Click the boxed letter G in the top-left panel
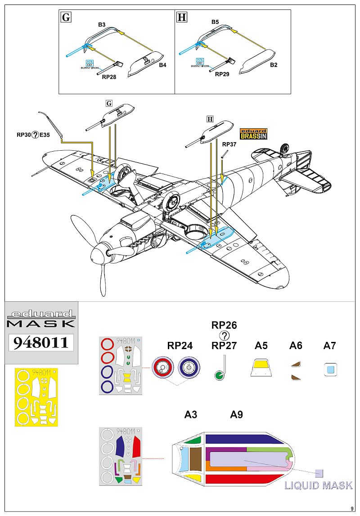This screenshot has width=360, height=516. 66,17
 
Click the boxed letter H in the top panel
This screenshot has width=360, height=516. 182,17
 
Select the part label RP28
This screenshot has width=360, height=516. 109,77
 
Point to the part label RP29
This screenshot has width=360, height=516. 222,74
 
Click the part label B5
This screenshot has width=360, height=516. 215,22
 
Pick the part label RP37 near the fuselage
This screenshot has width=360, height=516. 229,145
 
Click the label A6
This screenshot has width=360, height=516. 296,345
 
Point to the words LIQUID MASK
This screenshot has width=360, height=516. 319,485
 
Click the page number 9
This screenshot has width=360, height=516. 352,508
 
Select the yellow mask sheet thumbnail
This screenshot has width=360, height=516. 36,396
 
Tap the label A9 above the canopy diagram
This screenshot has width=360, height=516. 236,414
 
